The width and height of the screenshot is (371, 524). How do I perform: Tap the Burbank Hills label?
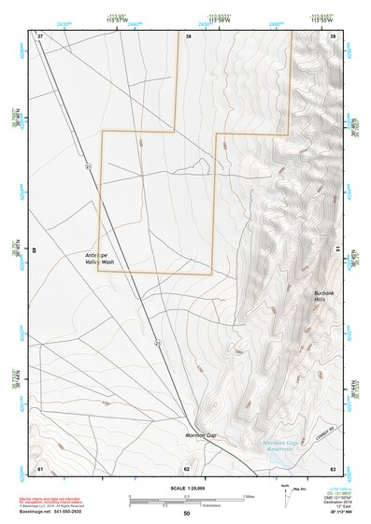coord(326,297)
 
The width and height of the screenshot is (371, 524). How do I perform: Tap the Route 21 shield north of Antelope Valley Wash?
coord(89,165)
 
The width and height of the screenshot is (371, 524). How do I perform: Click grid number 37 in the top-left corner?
coord(40,36)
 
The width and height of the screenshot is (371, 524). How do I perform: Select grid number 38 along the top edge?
coord(188,36)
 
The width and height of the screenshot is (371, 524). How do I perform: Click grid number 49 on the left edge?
coord(36,249)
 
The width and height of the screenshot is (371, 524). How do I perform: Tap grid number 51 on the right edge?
coord(335,249)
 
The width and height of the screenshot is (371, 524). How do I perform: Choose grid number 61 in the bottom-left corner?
coord(40,467)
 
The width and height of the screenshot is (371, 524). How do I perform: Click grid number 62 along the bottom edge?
coord(187,467)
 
